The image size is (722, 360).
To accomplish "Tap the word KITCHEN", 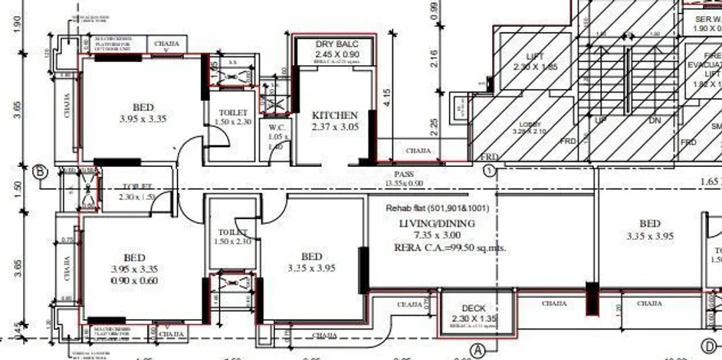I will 335,116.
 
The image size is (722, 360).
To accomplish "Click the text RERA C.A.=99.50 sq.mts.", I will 450,248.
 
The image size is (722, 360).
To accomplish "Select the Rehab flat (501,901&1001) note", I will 438,208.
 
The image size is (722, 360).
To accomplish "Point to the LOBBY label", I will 530,124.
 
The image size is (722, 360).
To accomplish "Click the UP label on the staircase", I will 602,120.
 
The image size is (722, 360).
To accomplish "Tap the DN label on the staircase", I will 654,120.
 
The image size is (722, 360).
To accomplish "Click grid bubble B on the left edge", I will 39,171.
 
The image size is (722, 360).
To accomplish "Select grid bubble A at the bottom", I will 479,349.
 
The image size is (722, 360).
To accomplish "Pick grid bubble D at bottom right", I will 707,345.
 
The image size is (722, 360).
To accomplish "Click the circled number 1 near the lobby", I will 487,171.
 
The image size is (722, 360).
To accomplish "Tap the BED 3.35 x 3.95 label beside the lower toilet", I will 311,262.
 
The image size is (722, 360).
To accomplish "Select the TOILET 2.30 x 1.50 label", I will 136,191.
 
